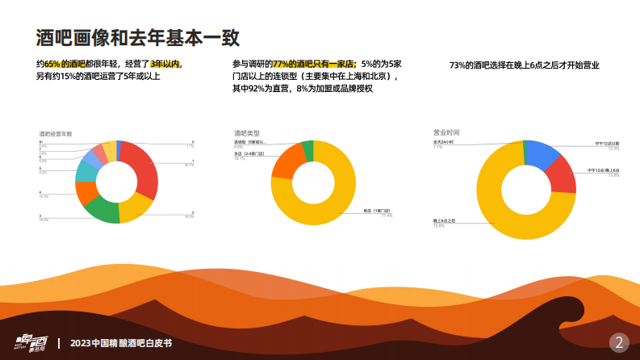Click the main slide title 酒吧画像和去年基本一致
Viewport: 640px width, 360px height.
click(x=137, y=37)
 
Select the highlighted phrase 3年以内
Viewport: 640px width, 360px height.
click(x=165, y=64)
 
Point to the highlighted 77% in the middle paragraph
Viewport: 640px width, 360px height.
click(x=280, y=64)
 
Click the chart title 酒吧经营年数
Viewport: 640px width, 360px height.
click(x=56, y=132)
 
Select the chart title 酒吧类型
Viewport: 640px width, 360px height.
click(x=247, y=132)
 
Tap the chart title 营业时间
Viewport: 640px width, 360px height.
click(x=446, y=132)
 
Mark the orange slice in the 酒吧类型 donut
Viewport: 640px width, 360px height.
click(x=285, y=161)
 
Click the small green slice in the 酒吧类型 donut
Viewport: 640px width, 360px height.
click(x=307, y=149)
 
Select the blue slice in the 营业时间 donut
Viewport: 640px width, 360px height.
click(x=543, y=151)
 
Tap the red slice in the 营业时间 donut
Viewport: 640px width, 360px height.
click(x=563, y=175)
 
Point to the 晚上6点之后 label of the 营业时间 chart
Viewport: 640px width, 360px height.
click(x=445, y=220)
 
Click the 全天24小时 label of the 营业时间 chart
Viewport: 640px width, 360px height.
click(x=444, y=141)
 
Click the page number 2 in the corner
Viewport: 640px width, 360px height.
click(x=619, y=341)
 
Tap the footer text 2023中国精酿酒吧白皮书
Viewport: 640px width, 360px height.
click(x=121, y=342)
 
